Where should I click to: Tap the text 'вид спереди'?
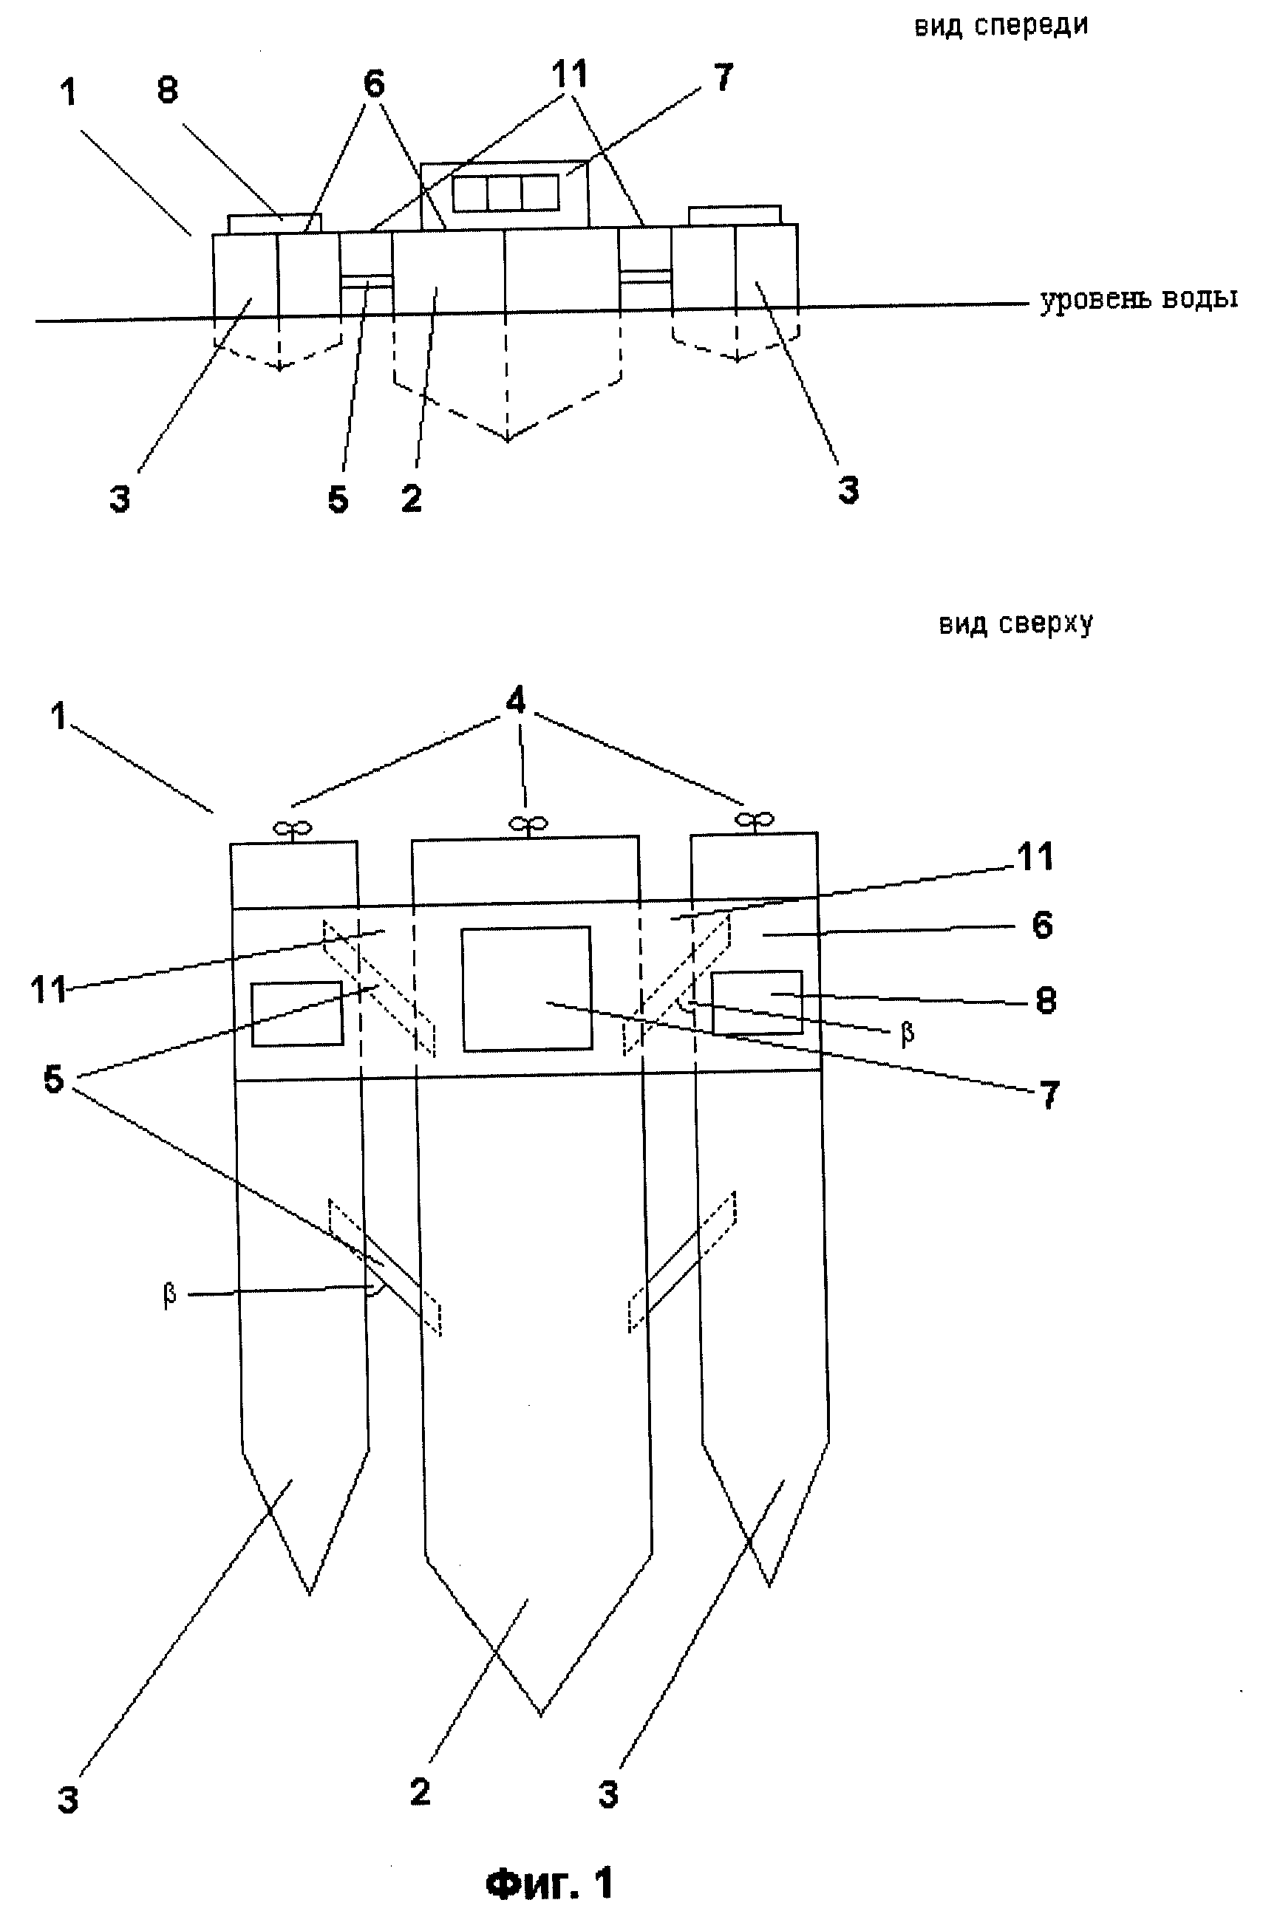(1001, 26)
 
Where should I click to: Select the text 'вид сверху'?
(1015, 623)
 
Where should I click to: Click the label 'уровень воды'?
(1138, 299)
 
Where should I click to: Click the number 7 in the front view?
(723, 78)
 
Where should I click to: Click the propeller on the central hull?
(528, 824)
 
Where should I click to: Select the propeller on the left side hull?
(293, 830)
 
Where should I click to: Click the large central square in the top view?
(527, 989)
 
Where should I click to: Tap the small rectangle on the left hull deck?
(297, 1014)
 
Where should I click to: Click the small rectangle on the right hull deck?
(758, 1002)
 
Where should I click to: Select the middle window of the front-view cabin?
(505, 194)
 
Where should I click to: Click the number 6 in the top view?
(1042, 925)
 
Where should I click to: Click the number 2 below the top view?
(421, 1791)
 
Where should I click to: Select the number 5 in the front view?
(338, 499)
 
